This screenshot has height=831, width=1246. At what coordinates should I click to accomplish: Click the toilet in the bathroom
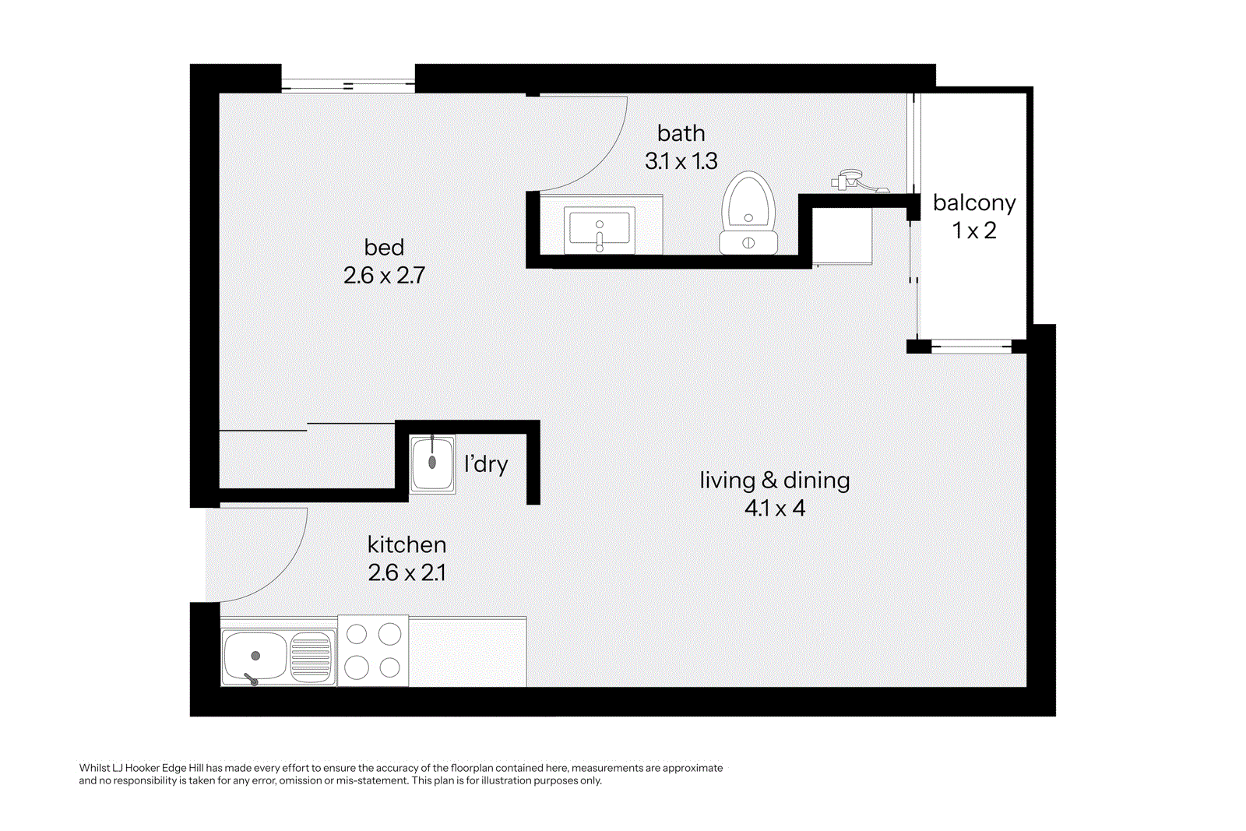(x=748, y=213)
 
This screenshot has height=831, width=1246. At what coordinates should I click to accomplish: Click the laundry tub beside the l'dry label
(x=432, y=464)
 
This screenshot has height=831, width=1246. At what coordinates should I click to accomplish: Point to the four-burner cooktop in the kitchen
(x=373, y=650)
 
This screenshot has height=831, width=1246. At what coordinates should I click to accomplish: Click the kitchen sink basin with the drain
(x=255, y=657)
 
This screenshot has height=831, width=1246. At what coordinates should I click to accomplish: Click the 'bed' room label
(x=384, y=248)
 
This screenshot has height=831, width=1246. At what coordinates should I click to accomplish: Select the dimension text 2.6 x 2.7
(x=384, y=276)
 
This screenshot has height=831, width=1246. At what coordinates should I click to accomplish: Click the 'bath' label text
(x=681, y=133)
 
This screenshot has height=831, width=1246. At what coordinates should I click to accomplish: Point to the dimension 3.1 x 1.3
(x=681, y=161)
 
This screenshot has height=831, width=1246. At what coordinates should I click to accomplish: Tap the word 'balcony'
(x=974, y=203)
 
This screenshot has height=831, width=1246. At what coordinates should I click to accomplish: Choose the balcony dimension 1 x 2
(x=974, y=231)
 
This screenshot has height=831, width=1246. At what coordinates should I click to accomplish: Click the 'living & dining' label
(x=774, y=481)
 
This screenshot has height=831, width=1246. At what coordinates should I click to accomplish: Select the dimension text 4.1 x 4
(x=774, y=509)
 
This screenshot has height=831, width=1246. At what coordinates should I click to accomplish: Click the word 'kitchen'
(x=407, y=545)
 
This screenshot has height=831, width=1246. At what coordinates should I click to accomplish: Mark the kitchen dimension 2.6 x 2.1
(x=407, y=573)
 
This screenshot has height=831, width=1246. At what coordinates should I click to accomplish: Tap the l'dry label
(x=486, y=464)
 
